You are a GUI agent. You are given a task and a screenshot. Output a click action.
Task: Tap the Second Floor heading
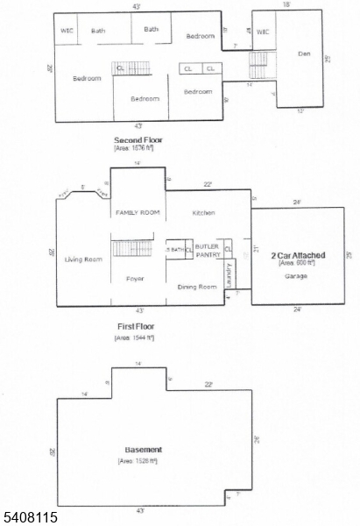pyautogui.click(x=138, y=140)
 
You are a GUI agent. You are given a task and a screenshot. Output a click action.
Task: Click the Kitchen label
pyautogui.click(x=203, y=213)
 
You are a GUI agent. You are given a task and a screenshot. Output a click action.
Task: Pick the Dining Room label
pyautogui.click(x=197, y=287)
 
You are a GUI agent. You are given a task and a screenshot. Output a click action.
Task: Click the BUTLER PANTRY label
pyautogui.click(x=208, y=251)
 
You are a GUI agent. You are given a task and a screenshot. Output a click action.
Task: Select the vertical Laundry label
pyautogui.click(x=229, y=275)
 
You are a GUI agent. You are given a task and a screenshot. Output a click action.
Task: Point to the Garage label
pyautogui.click(x=295, y=275)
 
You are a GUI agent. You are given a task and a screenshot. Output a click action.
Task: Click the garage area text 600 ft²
pyautogui.click(x=296, y=263)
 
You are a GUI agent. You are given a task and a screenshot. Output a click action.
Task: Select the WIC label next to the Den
pyautogui.click(x=264, y=32)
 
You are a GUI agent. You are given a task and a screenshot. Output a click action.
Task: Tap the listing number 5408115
pyautogui.click(x=30, y=517)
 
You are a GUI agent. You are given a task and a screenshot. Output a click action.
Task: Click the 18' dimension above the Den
pyautogui.click(x=286, y=5)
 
